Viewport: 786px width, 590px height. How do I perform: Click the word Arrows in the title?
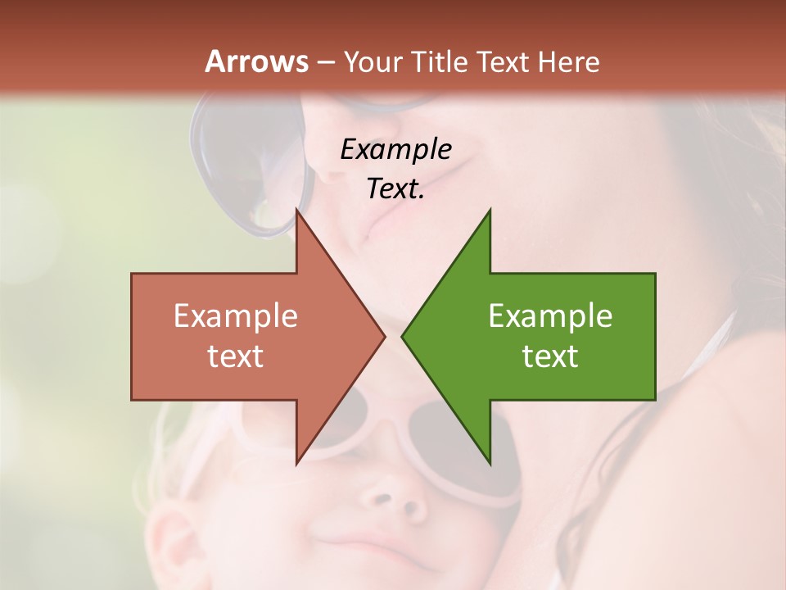pyautogui.click(x=256, y=61)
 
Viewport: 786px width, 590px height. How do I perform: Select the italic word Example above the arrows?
pyautogui.click(x=395, y=149)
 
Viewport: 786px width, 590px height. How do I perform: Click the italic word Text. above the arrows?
pyautogui.click(x=395, y=188)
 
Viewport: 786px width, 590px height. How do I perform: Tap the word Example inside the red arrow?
pyautogui.click(x=236, y=316)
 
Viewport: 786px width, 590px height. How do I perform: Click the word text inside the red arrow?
pyautogui.click(x=236, y=356)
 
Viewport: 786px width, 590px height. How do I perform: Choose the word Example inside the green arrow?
pyautogui.click(x=550, y=316)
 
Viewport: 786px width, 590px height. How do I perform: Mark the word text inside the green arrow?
pyautogui.click(x=550, y=356)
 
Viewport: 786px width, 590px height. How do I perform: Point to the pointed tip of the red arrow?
pyautogui.click(x=383, y=336)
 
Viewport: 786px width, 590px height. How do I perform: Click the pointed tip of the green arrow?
pyautogui.click(x=404, y=336)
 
